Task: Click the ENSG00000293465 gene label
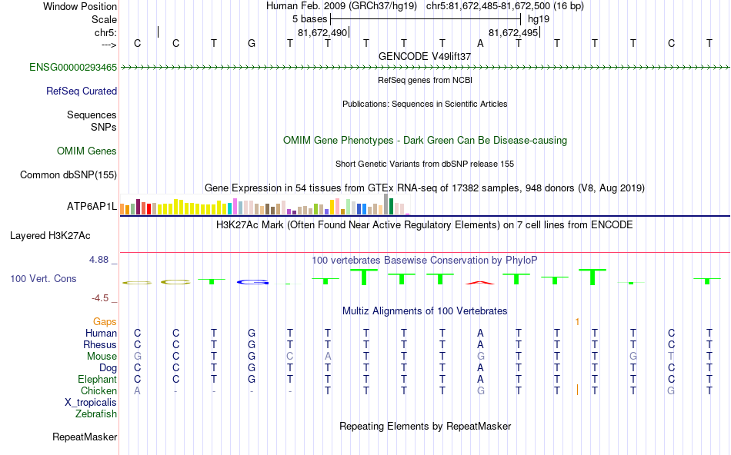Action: tap(73, 68)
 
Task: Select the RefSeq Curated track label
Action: tap(82, 91)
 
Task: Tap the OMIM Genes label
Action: tap(87, 151)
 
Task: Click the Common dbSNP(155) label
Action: tap(68, 175)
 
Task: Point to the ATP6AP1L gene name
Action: tap(92, 207)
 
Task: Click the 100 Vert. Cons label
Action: tap(43, 278)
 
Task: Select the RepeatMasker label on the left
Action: tap(85, 437)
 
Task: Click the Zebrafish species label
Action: tap(96, 413)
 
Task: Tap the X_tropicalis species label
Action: tap(91, 402)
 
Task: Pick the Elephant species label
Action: tap(97, 379)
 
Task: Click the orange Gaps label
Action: tap(105, 321)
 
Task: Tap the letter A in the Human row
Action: tap(480, 334)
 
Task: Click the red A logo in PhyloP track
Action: tap(480, 282)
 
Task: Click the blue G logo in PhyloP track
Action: tap(252, 282)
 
